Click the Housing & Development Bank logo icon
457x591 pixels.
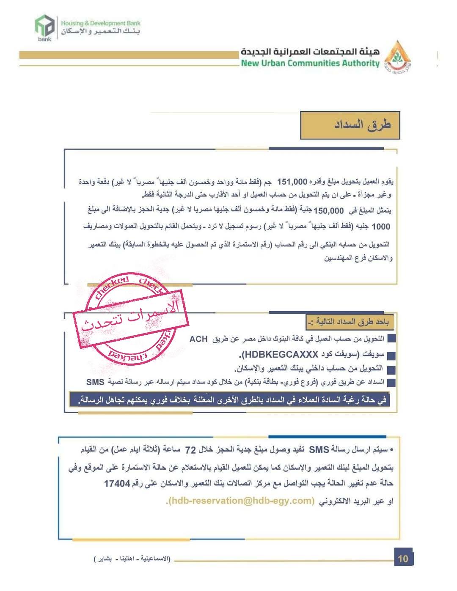pyautogui.click(x=44, y=27)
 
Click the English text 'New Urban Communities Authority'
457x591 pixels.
pyautogui.click(x=310, y=63)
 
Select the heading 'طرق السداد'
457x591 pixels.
pyautogui.click(x=362, y=125)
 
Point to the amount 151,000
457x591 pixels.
pyautogui.click(x=292, y=182)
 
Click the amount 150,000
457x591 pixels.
pyautogui.click(x=329, y=211)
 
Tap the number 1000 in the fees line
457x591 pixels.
pyautogui.click(x=380, y=227)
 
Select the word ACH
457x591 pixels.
pyautogui.click(x=198, y=339)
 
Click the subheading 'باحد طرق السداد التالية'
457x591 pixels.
pyautogui.click(x=350, y=323)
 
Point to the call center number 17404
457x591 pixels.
pyautogui.click(x=117, y=483)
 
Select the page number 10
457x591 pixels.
pyautogui.click(x=403, y=558)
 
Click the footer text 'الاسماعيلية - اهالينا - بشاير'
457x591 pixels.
pyautogui.click(x=132, y=559)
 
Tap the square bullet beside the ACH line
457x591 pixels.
pyautogui.click(x=391, y=339)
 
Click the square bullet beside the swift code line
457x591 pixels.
pyautogui.click(x=391, y=356)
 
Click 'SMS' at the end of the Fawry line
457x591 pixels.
pyautogui.click(x=95, y=382)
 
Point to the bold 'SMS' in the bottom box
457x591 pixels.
pyautogui.click(x=319, y=450)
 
